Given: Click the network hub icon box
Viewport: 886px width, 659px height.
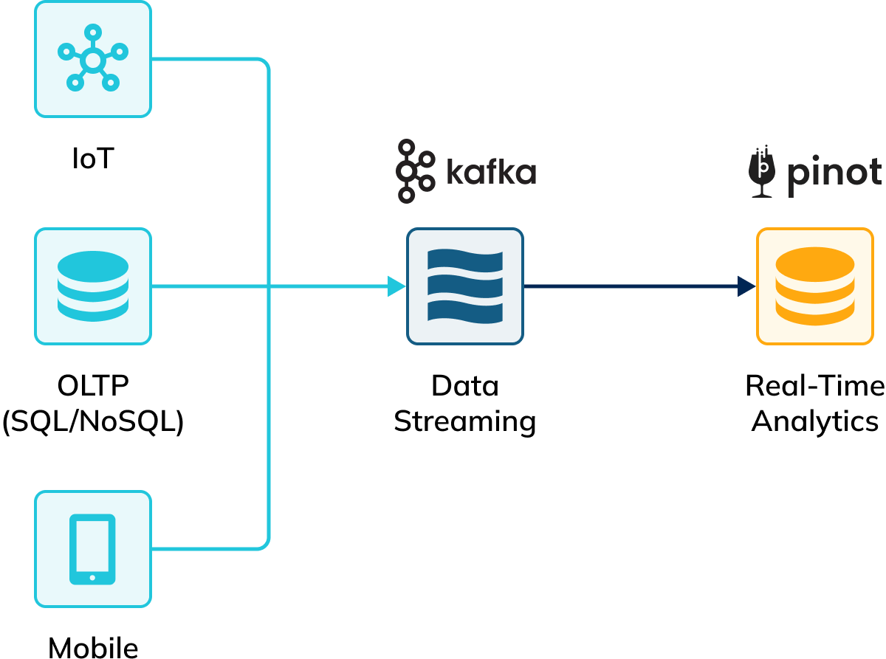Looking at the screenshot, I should pyautogui.click(x=93, y=59).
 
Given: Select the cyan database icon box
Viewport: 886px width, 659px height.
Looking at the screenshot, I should pyautogui.click(x=93, y=286).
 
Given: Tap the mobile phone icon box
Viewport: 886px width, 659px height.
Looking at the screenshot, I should pyautogui.click(x=93, y=549).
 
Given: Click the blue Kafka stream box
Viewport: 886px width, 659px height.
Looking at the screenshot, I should pyautogui.click(x=465, y=286).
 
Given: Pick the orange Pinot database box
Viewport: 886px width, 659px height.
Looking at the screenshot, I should pyautogui.click(x=815, y=286).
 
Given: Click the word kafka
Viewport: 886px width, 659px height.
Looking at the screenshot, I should pyautogui.click(x=491, y=172).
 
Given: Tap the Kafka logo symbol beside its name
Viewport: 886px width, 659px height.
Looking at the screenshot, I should pyautogui.click(x=415, y=171).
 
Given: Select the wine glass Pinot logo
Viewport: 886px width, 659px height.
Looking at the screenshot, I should pyautogui.click(x=763, y=171).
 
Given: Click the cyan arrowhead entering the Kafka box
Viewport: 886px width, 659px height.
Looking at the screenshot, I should pyautogui.click(x=397, y=286).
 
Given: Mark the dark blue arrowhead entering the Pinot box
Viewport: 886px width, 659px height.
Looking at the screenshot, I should pyautogui.click(x=746, y=286).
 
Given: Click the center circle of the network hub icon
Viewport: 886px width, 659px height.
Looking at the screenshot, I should pyautogui.click(x=92, y=61).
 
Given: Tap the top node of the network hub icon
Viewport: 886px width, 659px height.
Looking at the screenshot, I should pyautogui.click(x=92, y=32).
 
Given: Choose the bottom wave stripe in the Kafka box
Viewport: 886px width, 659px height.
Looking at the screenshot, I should pyautogui.click(x=465, y=311).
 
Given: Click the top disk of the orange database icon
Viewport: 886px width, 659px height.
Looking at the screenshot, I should pyautogui.click(x=815, y=261).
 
